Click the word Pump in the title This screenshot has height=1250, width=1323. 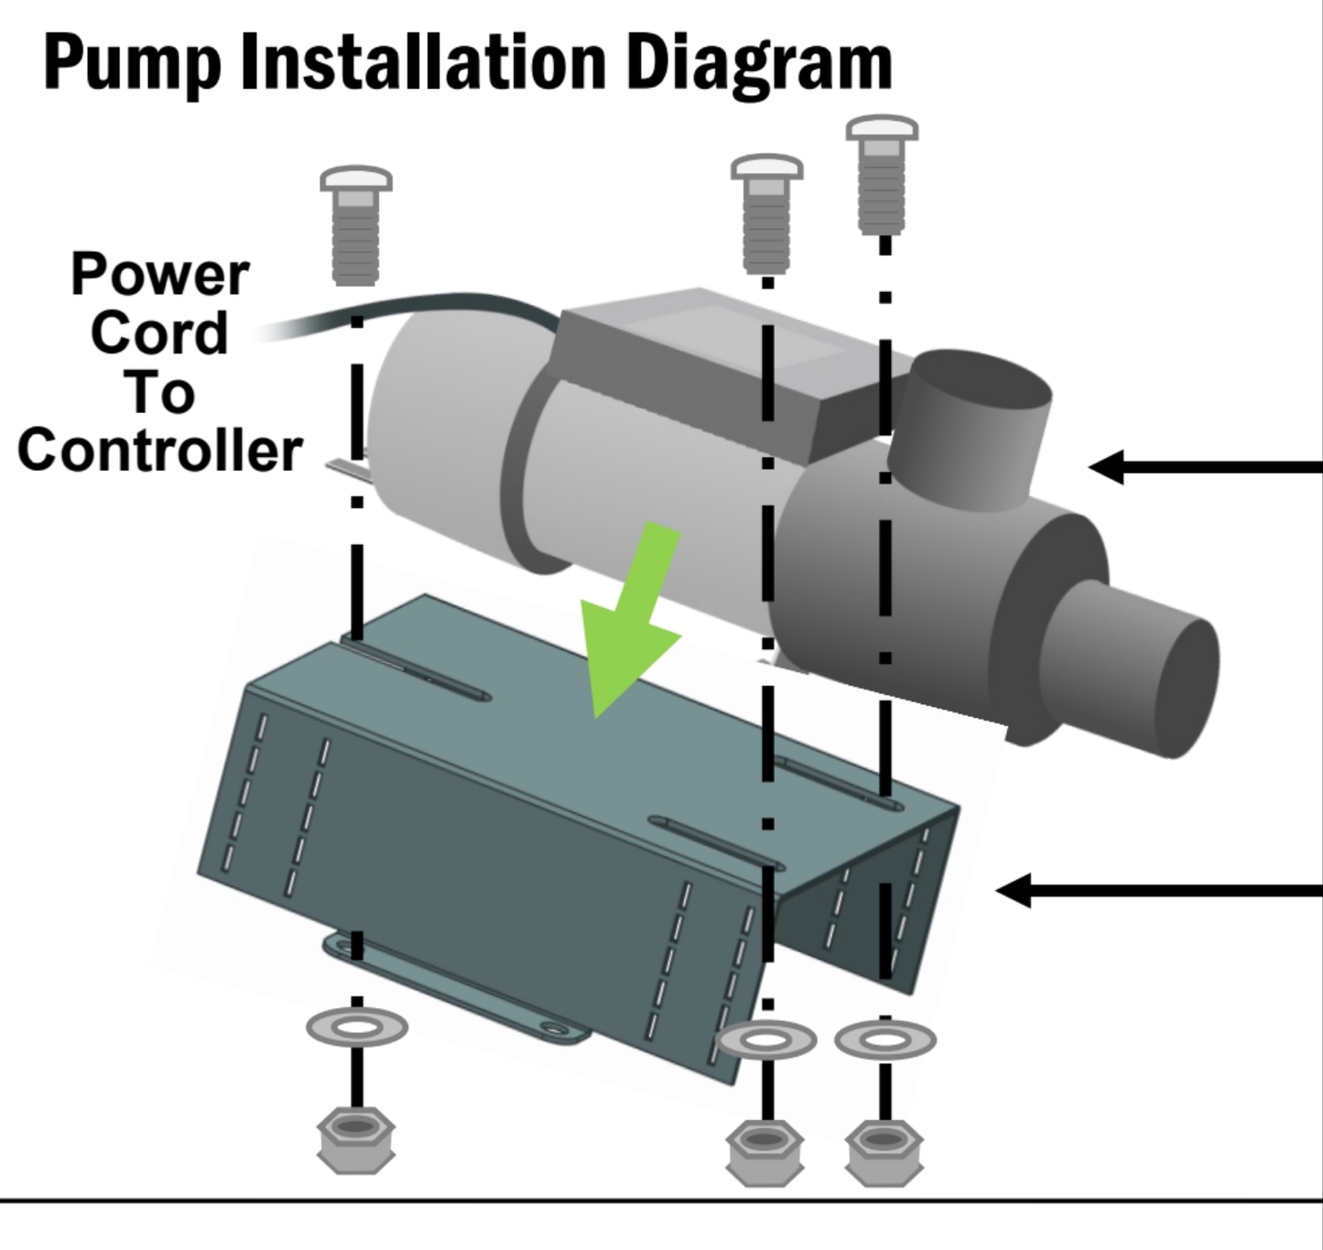(132, 62)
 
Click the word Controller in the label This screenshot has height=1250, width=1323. (159, 451)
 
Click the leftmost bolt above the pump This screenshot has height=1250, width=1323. (356, 224)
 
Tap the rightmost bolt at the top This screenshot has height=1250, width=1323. (883, 174)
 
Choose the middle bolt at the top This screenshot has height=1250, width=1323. (767, 213)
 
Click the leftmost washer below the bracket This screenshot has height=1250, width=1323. (357, 1027)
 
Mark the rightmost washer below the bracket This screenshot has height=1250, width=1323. (884, 1040)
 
